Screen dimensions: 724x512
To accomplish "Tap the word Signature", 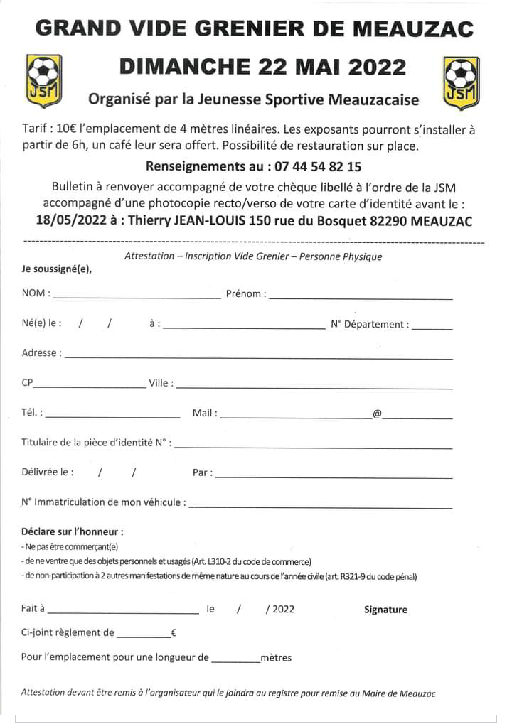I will click(x=385, y=610).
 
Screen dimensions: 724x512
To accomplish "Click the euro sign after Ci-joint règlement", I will click(x=174, y=632).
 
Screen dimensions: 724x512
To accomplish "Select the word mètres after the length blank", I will click(x=276, y=658).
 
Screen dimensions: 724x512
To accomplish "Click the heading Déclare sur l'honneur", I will click(x=73, y=531).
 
